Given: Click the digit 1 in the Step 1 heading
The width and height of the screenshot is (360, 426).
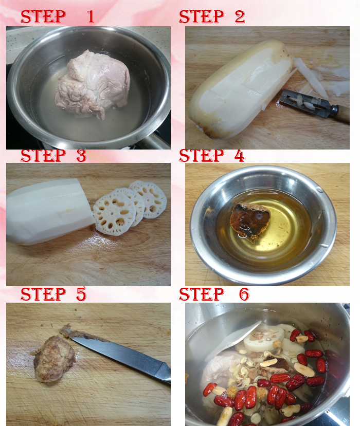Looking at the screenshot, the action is coord(91,16).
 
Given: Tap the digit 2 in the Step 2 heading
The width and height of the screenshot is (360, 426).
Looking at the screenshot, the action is coord(240,16).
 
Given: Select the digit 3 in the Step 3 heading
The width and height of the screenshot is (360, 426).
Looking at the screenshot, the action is coord(81,155).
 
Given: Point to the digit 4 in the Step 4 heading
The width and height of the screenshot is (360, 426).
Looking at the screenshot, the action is coord(240,155).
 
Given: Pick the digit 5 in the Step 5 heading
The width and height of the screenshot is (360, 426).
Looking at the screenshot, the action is coord(81,294).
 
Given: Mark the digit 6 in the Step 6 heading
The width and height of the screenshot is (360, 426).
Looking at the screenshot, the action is coord(244,294).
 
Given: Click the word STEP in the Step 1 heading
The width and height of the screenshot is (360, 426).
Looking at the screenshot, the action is coord(43,16).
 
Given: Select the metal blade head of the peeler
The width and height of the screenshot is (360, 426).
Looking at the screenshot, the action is coord(304,102).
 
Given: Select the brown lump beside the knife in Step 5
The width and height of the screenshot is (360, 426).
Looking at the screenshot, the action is coord(54,359).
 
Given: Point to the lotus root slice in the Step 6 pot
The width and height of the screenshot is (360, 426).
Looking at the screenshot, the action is coord(262,338).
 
